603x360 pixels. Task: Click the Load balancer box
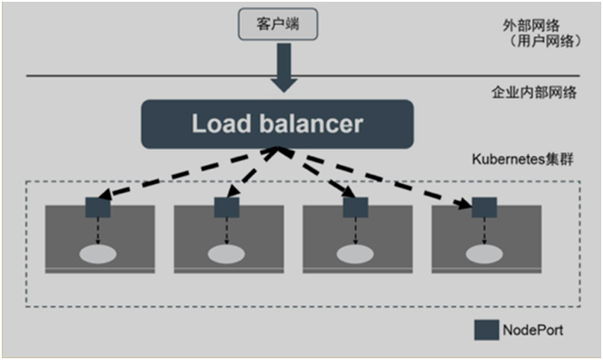pyautogui.click(x=277, y=123)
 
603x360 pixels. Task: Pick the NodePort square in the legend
pyautogui.click(x=486, y=329)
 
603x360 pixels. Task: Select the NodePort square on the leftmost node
pyautogui.click(x=98, y=208)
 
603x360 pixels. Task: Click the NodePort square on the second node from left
pyautogui.click(x=226, y=208)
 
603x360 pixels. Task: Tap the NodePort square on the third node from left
pyautogui.click(x=355, y=208)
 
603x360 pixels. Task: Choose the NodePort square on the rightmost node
pyautogui.click(x=484, y=208)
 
